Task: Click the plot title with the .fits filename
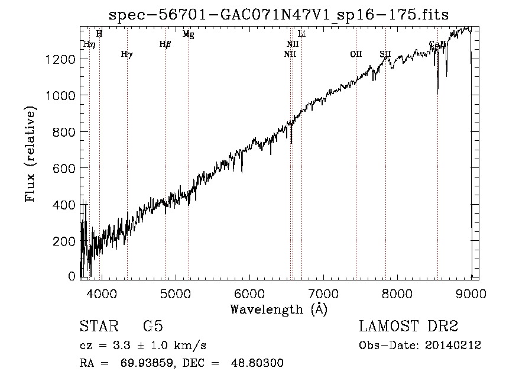280,15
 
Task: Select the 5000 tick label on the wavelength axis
175,293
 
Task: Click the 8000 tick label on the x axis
397,293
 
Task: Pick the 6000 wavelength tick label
249,293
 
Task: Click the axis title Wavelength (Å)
278,309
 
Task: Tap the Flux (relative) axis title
30,153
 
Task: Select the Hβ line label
165,44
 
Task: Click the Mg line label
188,34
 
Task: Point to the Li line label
301,34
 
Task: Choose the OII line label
356,54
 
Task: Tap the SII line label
385,54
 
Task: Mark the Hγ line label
126,54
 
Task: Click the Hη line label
89,44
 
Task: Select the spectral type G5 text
153,327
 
